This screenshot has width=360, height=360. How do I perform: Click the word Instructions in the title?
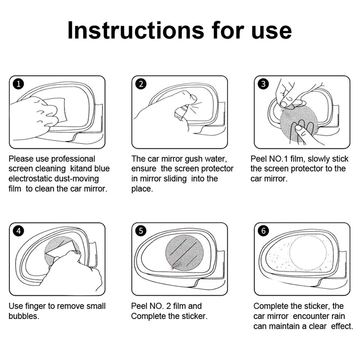136,30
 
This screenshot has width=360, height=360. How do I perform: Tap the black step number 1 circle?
18,84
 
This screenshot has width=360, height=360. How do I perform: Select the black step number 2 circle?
141,84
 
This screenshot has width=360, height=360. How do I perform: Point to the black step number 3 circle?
263,84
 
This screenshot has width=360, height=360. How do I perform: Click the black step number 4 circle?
18,231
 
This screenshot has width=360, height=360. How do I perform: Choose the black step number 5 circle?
141,231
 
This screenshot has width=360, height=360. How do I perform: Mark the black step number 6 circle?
263,231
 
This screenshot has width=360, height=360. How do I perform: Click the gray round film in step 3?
299,123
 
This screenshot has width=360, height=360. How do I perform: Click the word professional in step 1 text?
73,159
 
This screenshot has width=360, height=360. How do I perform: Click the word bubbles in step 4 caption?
24,316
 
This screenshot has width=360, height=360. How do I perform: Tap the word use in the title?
272,32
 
